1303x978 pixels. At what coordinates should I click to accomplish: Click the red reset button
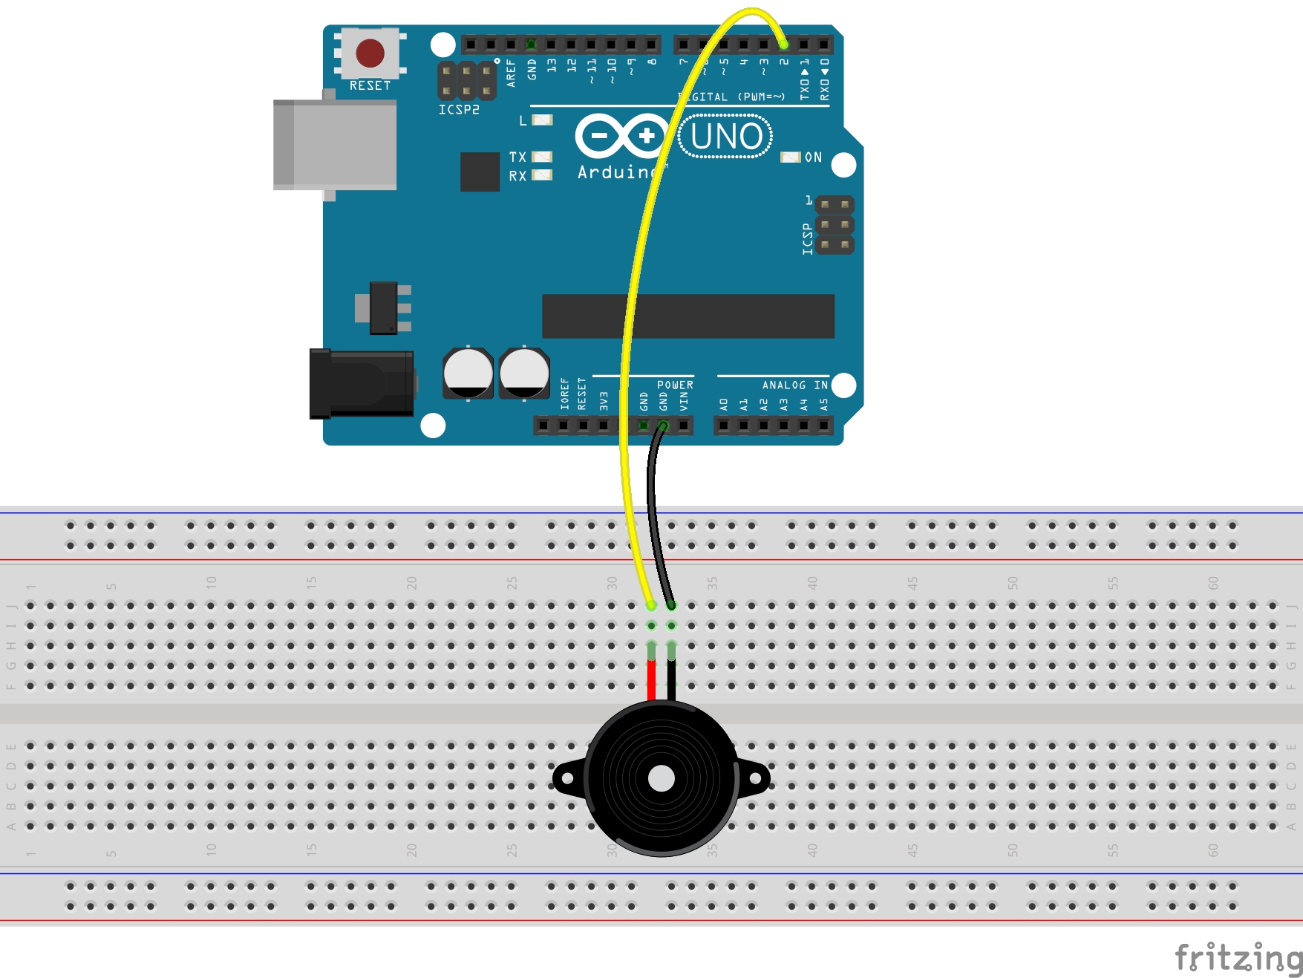[x=370, y=53]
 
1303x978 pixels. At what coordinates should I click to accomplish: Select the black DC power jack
[x=362, y=384]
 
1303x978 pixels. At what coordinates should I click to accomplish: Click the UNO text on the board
[x=725, y=137]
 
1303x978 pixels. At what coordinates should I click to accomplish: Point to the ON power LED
[x=790, y=157]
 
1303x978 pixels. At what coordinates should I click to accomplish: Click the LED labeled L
[x=543, y=120]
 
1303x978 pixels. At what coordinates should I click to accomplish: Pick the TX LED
[x=543, y=157]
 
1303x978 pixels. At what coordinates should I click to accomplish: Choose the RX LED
[x=543, y=175]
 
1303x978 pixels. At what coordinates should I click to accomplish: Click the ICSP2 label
[x=459, y=110]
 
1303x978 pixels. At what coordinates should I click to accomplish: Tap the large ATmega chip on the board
[x=688, y=316]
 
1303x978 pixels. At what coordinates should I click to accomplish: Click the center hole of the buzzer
[x=661, y=778]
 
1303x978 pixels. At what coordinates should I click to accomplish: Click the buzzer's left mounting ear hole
[x=567, y=778]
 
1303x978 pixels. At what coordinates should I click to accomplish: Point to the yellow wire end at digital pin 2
[x=783, y=45]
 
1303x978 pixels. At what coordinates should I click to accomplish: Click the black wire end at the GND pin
[x=663, y=426]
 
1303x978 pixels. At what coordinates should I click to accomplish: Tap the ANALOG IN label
[x=794, y=385]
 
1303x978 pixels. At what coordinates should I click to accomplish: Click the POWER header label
[x=675, y=385]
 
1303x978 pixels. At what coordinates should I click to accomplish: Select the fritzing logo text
[x=1238, y=957]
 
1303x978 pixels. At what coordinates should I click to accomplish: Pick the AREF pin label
[x=511, y=73]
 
